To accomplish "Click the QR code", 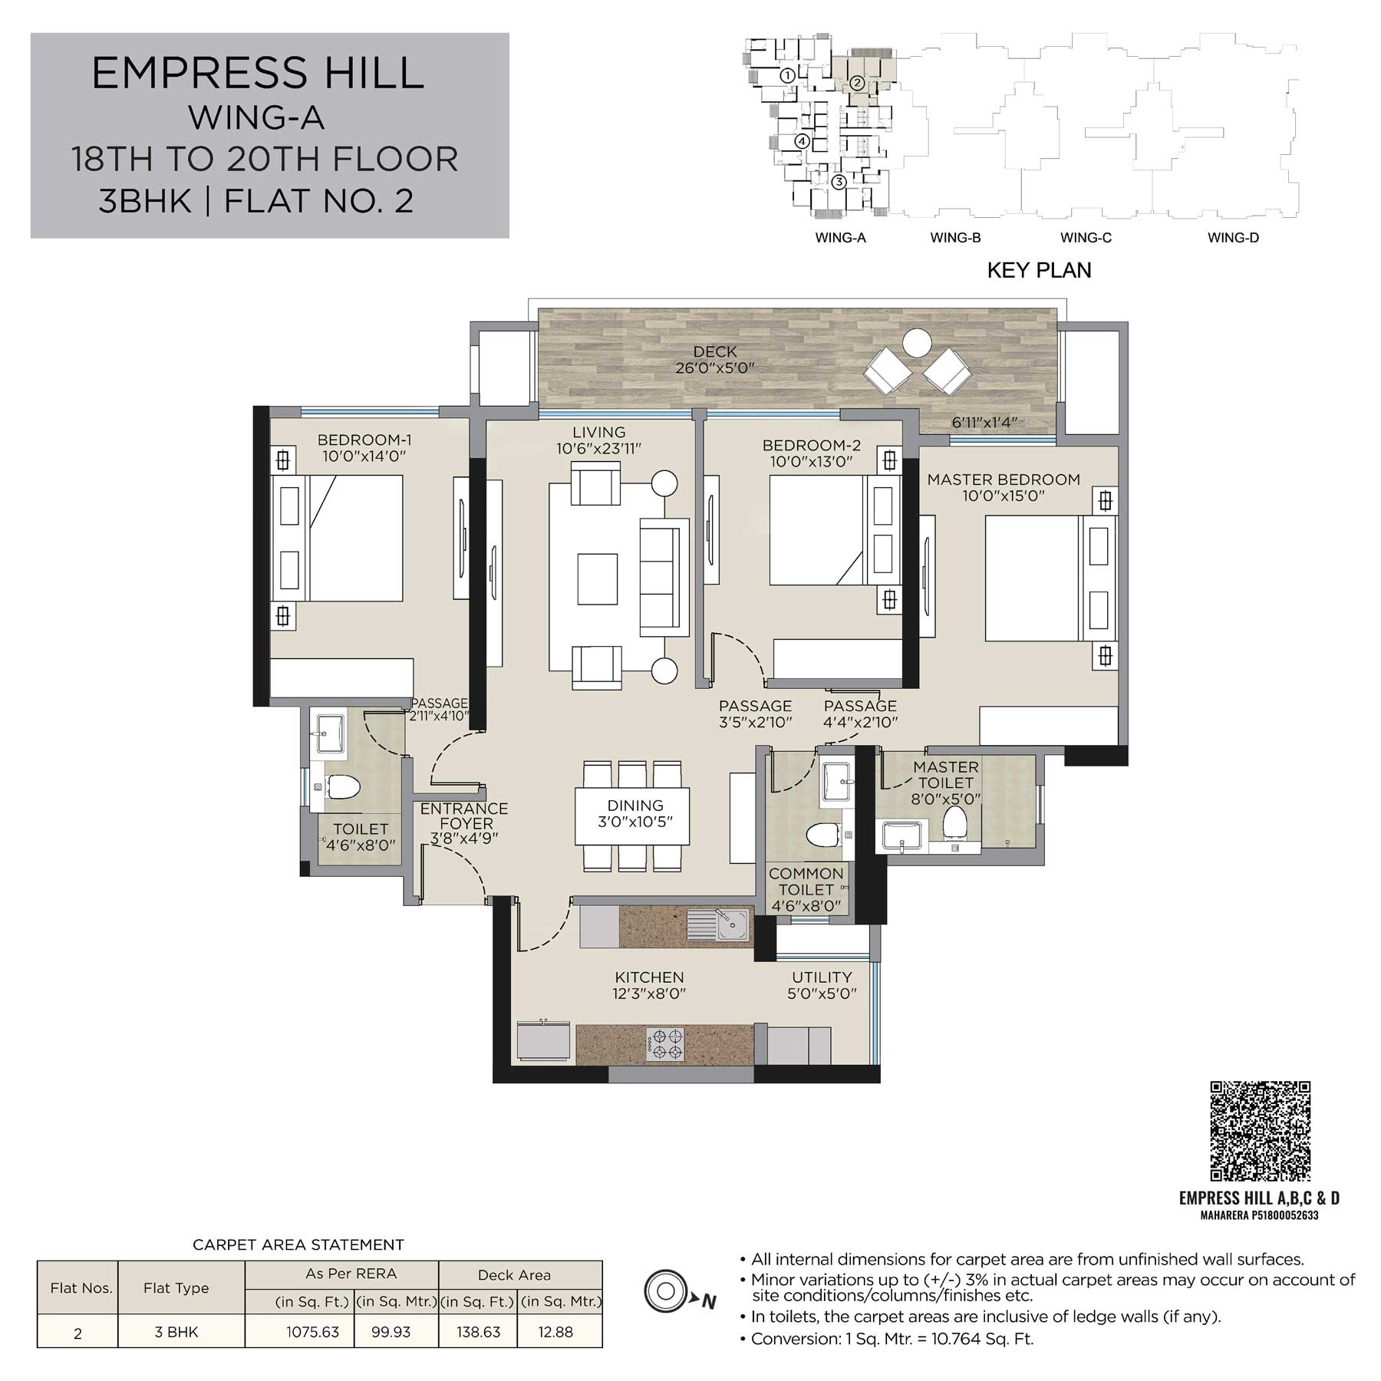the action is (x=1260, y=1131).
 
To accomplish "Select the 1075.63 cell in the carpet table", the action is (x=313, y=1332).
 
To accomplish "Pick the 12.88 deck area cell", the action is (x=555, y=1332).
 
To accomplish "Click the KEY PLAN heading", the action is (x=1039, y=270).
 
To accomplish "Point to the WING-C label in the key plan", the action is (x=1086, y=238).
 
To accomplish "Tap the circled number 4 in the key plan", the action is (x=802, y=141).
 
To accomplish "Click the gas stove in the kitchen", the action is (x=664, y=1044).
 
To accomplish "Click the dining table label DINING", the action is (x=635, y=806).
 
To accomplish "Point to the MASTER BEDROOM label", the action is (x=1004, y=480).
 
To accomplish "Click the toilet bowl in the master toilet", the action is (x=955, y=822).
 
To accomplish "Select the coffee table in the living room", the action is (x=598, y=579).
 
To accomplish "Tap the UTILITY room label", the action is (x=822, y=977).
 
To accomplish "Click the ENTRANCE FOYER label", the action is (x=464, y=816).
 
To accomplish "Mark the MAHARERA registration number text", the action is (x=1259, y=1215).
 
